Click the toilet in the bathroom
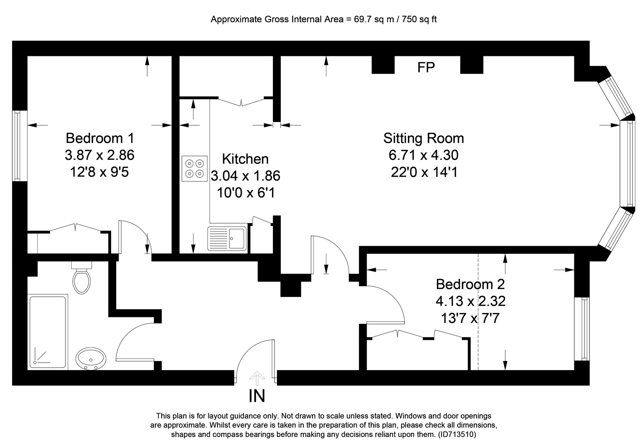pos(82,277)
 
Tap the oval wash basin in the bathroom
pos(91,359)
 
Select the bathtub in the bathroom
pos(48,332)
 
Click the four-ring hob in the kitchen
pos(194,169)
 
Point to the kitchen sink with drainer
pos(227,238)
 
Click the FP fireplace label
pos(426,67)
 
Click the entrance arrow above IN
pos(257,378)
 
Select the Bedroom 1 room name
pos(100,138)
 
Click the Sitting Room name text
pos(424,138)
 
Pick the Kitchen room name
pos(245,159)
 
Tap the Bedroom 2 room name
pos(470,284)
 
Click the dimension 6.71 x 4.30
pos(424,155)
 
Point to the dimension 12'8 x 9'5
pos(100,172)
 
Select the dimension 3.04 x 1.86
pos(246,176)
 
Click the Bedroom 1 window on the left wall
pos(19,146)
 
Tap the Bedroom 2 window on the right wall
pos(582,329)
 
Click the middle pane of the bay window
pos(627,163)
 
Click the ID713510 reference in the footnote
pos(457,434)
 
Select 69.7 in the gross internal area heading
pos(363,19)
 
